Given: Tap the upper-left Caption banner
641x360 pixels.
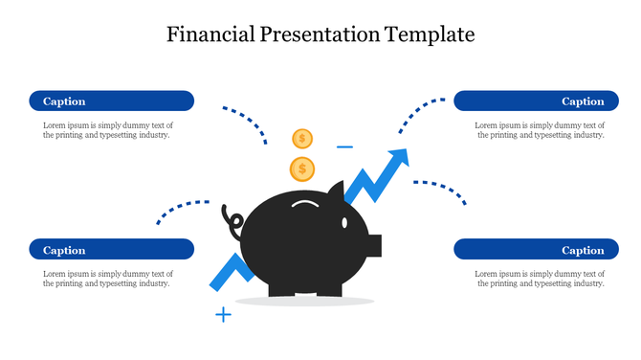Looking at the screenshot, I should (111, 101).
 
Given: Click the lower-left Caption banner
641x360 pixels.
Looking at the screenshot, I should (111, 250).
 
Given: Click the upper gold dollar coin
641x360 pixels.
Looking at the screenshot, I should (302, 139).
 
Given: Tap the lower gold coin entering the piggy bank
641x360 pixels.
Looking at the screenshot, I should (302, 169).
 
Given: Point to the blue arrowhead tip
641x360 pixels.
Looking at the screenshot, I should (404, 154).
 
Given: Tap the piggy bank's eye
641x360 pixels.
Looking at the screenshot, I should (345, 222).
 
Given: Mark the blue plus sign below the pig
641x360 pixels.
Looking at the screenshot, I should (223, 314).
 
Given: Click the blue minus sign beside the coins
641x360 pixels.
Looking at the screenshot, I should (344, 147).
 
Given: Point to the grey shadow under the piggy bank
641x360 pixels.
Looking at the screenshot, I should (304, 302).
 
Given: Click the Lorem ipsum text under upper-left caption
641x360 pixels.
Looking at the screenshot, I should (107, 130).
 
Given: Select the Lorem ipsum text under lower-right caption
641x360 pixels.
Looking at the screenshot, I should (540, 279).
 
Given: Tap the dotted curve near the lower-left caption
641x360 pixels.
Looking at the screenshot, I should (181, 208).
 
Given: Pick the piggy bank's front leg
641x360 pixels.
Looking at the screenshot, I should (329, 285).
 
